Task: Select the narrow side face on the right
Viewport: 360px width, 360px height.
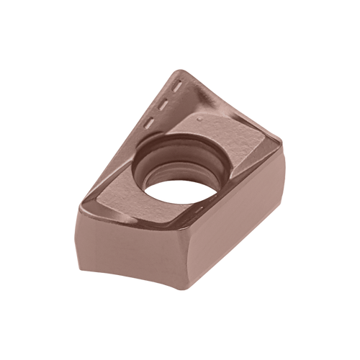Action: click(x=252, y=230)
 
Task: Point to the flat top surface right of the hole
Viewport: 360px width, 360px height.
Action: click(x=241, y=155)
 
